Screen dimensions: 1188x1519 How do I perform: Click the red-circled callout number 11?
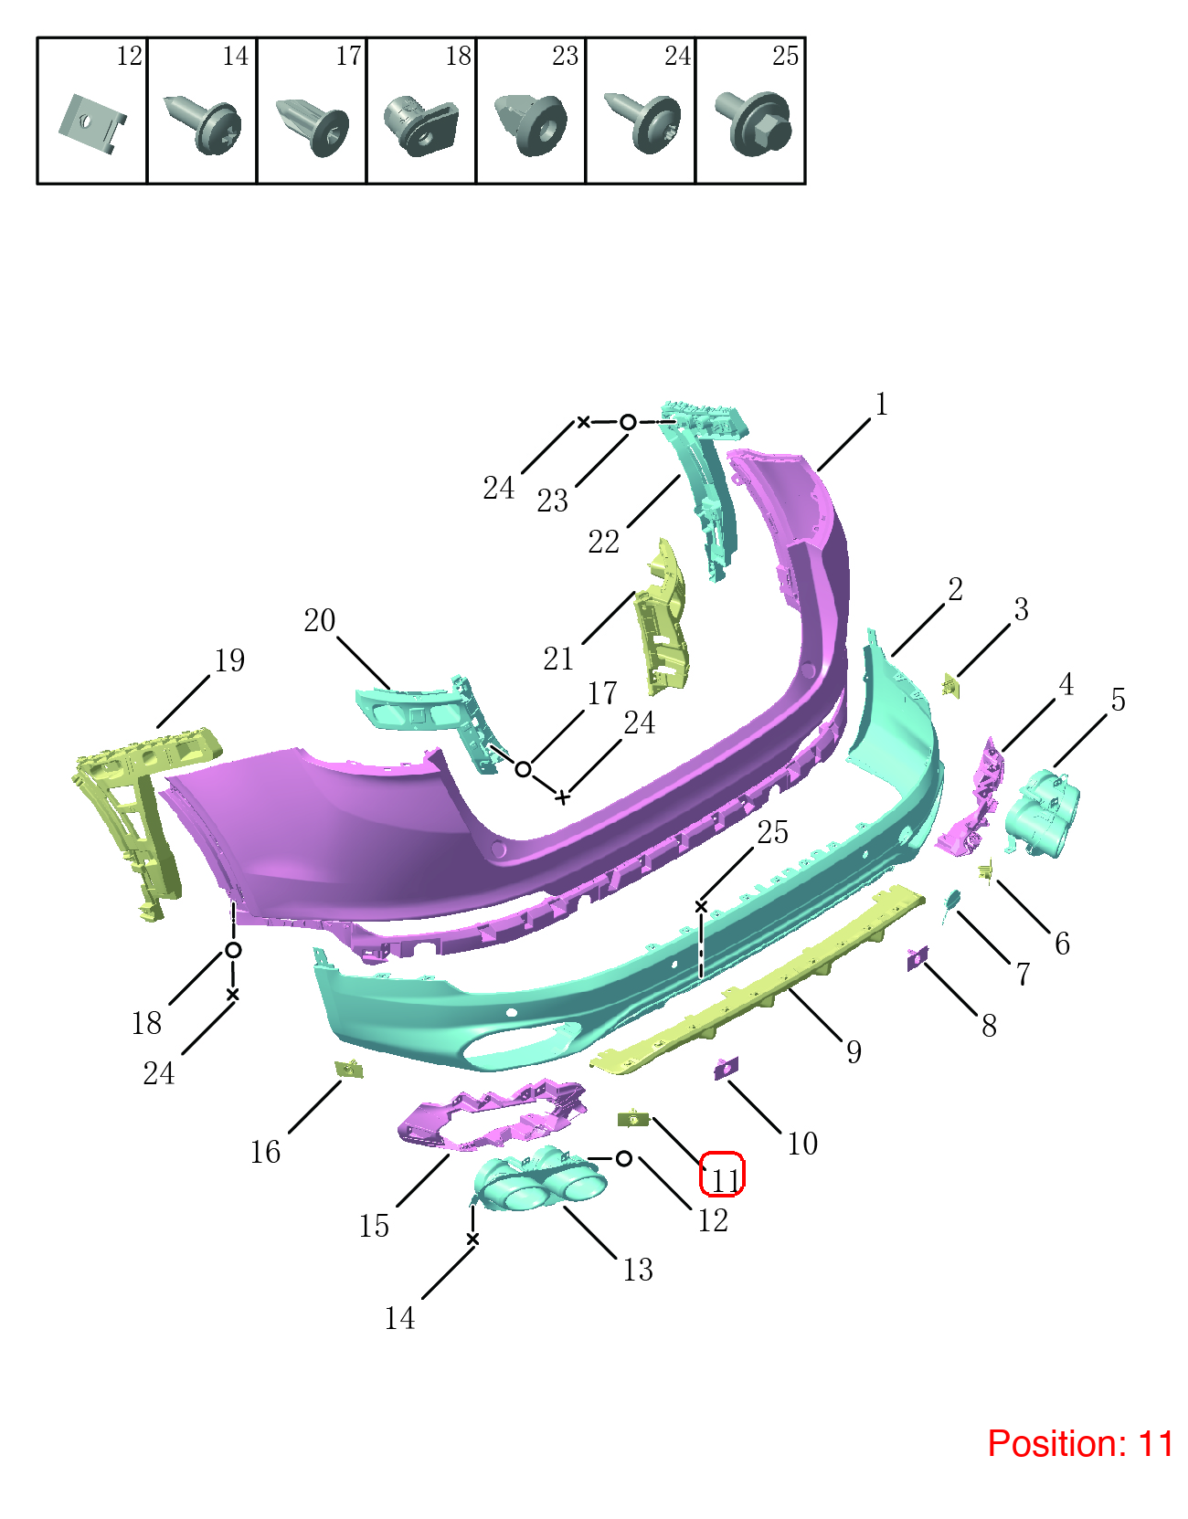click(x=725, y=1182)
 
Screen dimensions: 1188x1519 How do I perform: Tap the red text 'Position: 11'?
click(x=1080, y=1444)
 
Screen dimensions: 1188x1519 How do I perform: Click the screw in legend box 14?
click(x=203, y=123)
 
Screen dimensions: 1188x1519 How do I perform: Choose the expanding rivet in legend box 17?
click(x=313, y=127)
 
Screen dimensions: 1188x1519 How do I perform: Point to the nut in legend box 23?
click(x=531, y=125)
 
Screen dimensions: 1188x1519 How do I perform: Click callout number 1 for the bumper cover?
click(x=881, y=404)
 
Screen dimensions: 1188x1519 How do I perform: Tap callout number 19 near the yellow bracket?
click(x=229, y=660)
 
